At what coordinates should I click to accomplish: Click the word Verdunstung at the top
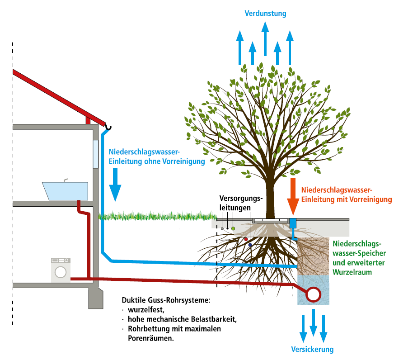(x=265, y=13)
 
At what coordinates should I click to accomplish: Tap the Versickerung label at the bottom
(x=312, y=349)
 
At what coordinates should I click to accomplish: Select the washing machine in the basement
(x=61, y=270)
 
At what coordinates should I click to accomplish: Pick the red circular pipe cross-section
(x=313, y=294)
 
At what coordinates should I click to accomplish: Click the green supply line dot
(x=233, y=229)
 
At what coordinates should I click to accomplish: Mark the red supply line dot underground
(x=246, y=239)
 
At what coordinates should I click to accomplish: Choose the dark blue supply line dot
(x=250, y=245)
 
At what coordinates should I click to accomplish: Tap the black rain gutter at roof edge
(x=108, y=128)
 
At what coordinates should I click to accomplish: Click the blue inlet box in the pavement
(x=292, y=223)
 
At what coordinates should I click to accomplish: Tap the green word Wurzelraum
(x=352, y=272)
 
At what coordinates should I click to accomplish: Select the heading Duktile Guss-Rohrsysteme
(x=166, y=300)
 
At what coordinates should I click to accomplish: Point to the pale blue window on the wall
(x=95, y=154)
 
